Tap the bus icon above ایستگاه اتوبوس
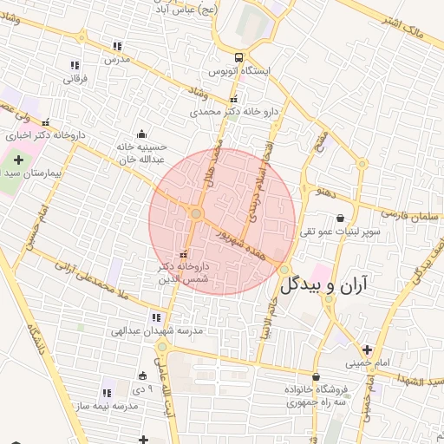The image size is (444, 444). pyautogui.click(x=238, y=55)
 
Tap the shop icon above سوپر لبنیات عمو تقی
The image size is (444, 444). pyautogui.click(x=339, y=218)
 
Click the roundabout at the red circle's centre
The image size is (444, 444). pyautogui.click(x=197, y=213)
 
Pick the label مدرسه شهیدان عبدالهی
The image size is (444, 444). pyautogui.click(x=156, y=331)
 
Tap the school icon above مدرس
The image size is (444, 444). pyautogui.click(x=117, y=46)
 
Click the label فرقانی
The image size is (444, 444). pyautogui.click(x=75, y=78)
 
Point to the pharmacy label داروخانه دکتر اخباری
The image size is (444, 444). pyautogui.click(x=42, y=135)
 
